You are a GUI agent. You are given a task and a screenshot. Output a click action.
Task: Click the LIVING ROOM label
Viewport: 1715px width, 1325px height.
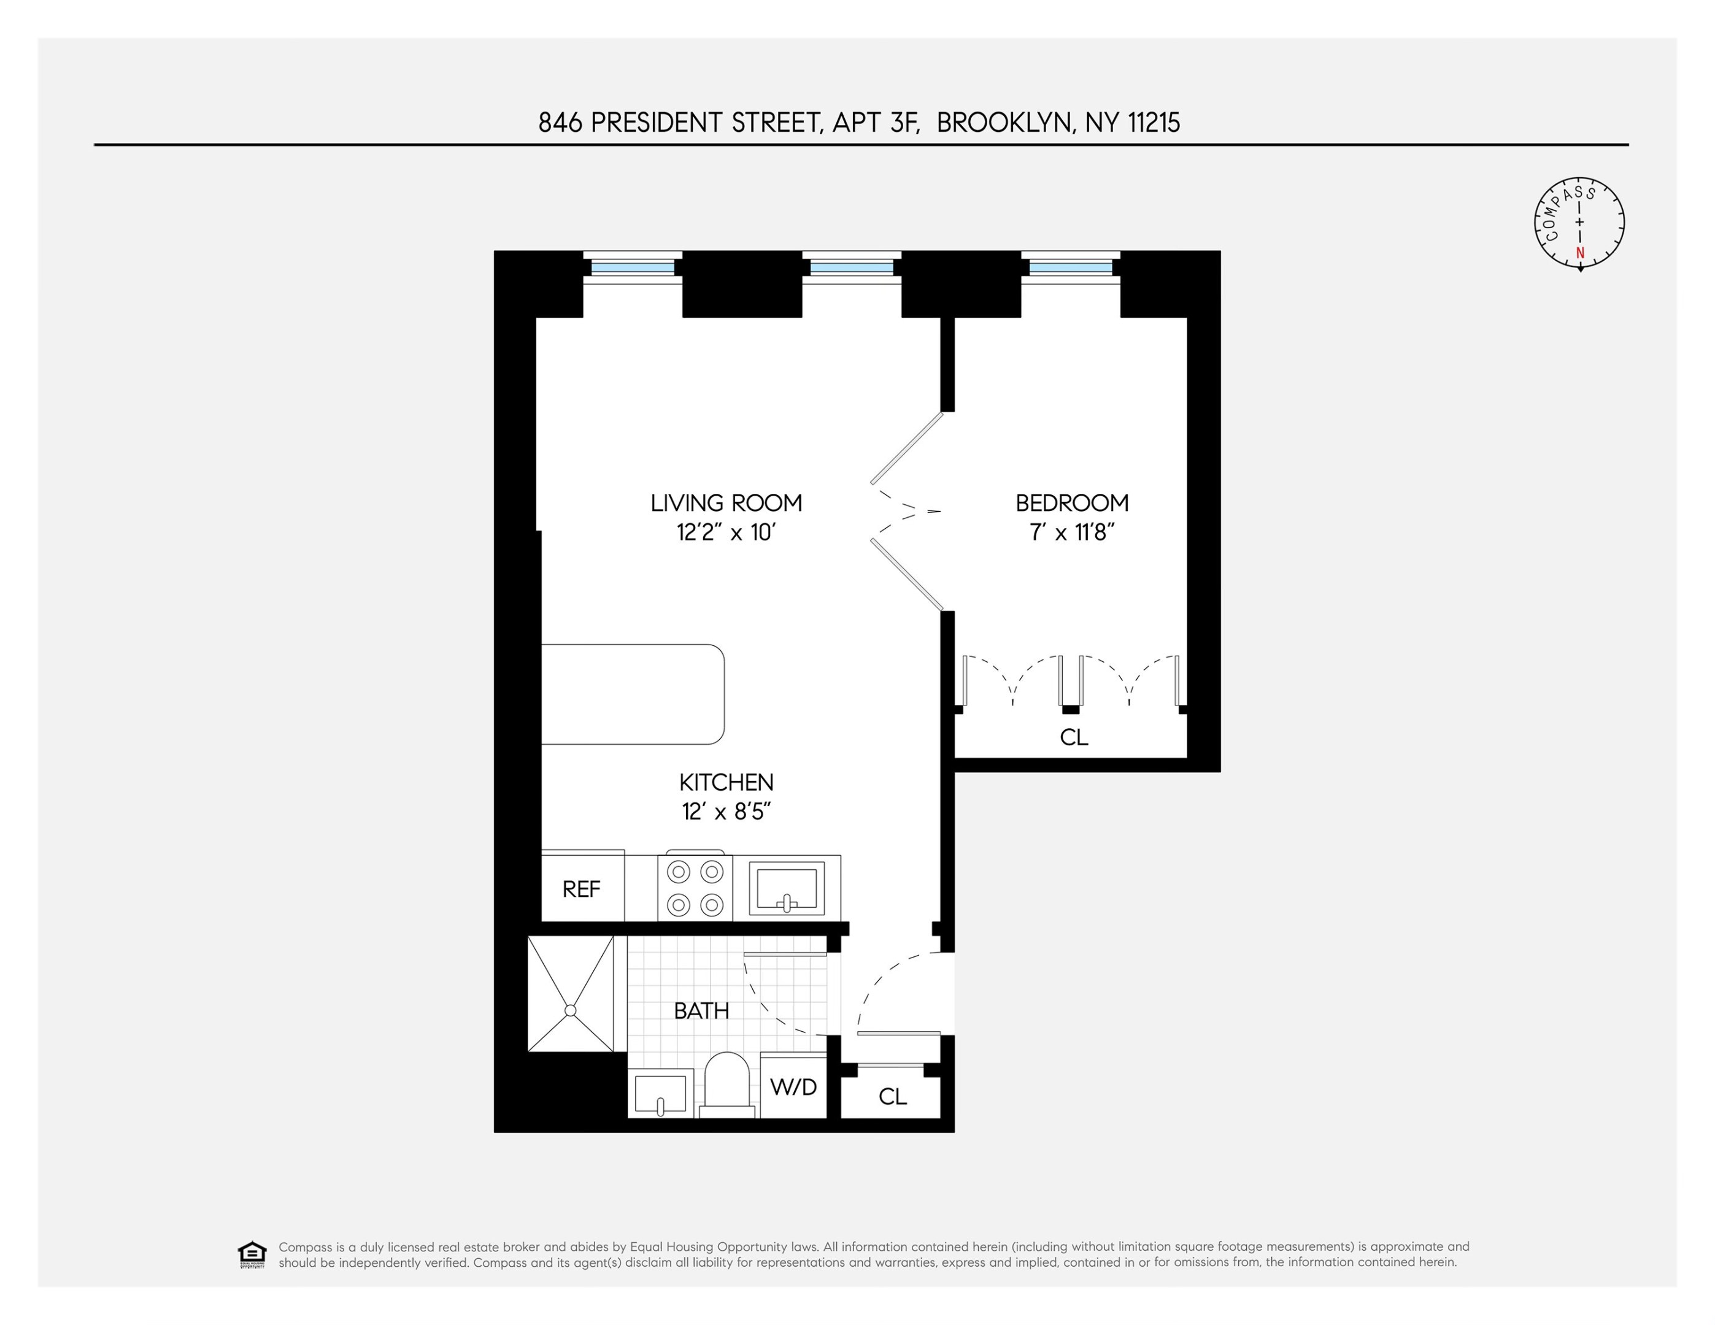[726, 502]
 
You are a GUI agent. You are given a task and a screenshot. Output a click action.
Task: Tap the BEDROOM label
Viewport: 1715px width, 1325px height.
[1072, 502]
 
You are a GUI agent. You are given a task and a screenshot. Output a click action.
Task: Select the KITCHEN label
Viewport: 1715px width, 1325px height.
[726, 782]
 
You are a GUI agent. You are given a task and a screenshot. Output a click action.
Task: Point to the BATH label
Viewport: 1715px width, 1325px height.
[701, 1010]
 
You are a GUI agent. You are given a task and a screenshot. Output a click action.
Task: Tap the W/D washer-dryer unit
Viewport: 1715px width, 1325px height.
[793, 1086]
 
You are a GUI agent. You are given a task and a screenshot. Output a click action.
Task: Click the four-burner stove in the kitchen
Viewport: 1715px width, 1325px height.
[695, 888]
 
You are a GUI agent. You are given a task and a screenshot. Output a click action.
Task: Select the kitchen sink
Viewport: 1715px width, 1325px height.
[786, 888]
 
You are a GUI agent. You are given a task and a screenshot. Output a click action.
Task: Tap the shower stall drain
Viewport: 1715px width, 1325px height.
[571, 1010]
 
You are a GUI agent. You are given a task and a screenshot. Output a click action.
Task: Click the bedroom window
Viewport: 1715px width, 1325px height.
[1071, 267]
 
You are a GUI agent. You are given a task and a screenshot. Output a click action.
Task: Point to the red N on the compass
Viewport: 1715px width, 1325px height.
[1580, 253]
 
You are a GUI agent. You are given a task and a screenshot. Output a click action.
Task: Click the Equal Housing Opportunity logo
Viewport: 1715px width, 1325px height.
[252, 1254]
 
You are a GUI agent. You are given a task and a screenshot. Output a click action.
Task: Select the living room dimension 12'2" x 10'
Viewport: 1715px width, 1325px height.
[726, 533]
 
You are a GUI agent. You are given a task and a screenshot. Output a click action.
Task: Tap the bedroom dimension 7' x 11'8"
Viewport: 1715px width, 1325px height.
[1072, 533]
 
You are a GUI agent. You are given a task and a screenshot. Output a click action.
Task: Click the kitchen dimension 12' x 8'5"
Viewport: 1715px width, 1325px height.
[726, 812]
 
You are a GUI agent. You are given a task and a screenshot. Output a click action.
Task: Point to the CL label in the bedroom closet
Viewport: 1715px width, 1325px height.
[1073, 737]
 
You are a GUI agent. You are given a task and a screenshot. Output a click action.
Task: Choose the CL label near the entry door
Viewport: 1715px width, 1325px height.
[892, 1096]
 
